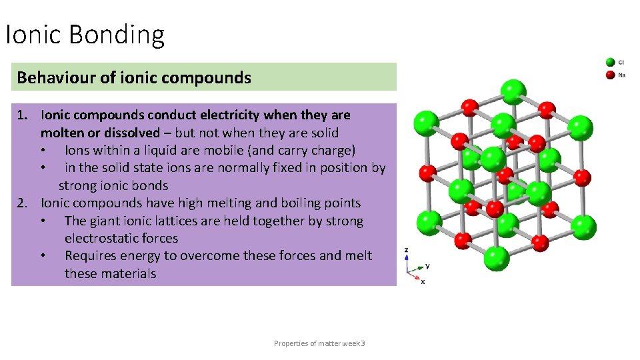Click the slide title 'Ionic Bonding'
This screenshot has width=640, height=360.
coord(85,35)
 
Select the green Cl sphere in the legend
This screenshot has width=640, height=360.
coord(610,62)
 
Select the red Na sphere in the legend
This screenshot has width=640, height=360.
coord(610,74)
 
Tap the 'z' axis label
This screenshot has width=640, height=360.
coord(407,249)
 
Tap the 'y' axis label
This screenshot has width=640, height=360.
coord(427,265)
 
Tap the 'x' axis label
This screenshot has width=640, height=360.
coord(423,281)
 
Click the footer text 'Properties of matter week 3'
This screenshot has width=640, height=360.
coord(319,343)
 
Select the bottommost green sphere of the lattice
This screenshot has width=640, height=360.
coord(496,257)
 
